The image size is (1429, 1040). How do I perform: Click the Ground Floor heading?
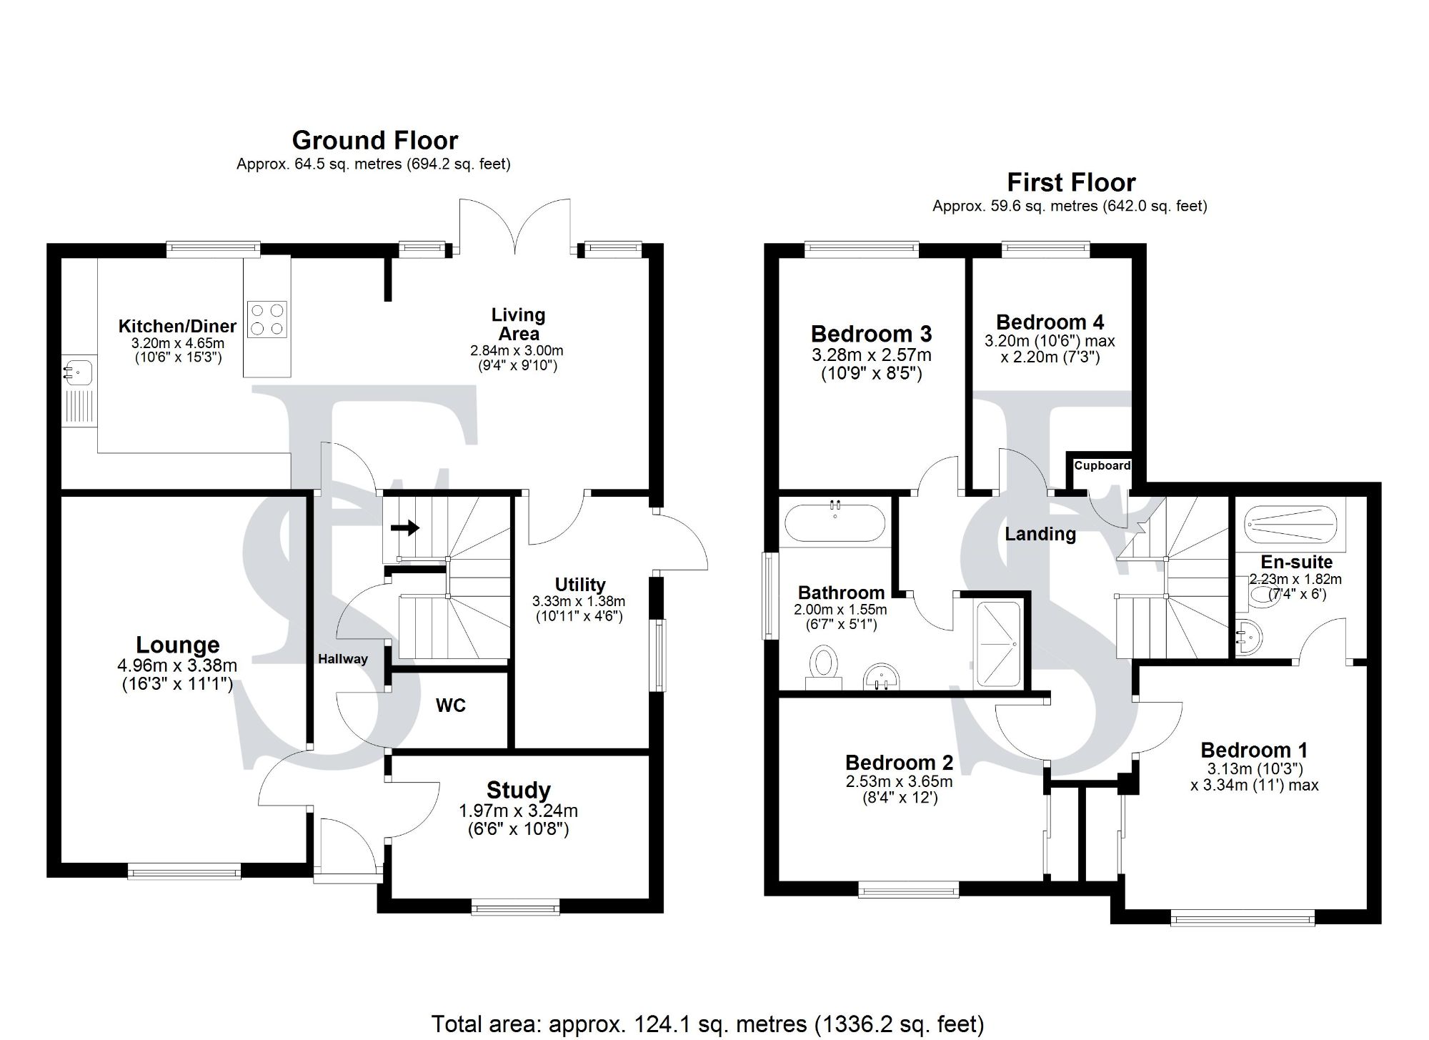(374, 140)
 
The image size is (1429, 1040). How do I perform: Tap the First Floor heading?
(1070, 182)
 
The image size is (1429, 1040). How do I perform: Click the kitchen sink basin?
(77, 372)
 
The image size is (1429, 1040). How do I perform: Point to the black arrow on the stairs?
(404, 528)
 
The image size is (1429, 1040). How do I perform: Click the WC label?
(450, 705)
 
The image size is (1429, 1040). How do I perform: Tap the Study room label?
(518, 790)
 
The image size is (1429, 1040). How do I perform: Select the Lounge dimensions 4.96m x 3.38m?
(177, 665)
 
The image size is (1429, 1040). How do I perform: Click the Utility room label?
(579, 585)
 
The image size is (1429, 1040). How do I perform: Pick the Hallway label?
(343, 659)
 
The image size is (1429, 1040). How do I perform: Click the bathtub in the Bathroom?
(835, 524)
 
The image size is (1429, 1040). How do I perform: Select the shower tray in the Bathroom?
(998, 643)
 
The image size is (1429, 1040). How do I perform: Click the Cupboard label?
(1102, 465)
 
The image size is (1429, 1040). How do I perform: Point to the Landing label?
(1040, 533)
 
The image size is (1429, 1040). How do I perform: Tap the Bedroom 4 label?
(1050, 322)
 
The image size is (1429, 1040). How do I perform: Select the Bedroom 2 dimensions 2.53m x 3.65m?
(899, 781)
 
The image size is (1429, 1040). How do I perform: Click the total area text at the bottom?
(707, 1024)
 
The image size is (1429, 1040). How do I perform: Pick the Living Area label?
(518, 324)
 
